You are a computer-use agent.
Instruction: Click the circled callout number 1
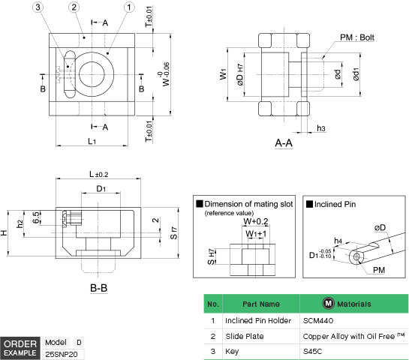coord(129,7)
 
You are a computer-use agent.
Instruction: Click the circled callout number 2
coord(74,7)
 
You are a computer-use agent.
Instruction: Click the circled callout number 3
coord(38,7)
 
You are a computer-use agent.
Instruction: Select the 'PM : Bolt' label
coord(357,37)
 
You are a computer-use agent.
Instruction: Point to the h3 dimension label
coord(320,129)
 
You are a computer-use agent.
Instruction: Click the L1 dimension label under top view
coord(91,140)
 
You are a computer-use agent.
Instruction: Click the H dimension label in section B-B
coord(5,232)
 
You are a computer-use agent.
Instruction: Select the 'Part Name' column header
coord(260,304)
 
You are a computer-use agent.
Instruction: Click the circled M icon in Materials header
coord(327,304)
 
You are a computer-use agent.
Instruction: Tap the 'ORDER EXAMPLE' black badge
coord(20,347)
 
